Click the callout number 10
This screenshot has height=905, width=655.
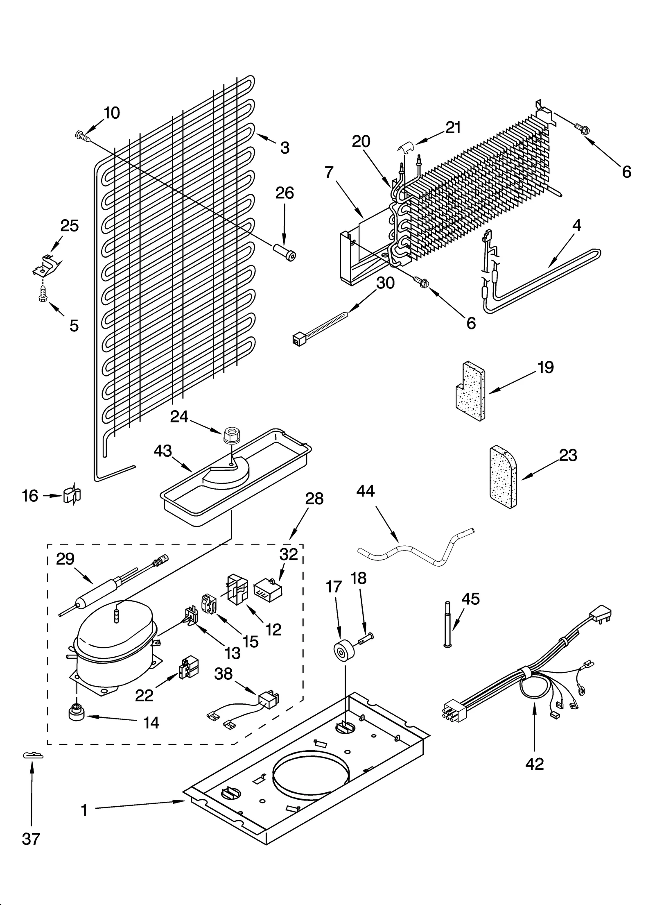[x=111, y=113]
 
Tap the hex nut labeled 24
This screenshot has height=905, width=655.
[x=232, y=435]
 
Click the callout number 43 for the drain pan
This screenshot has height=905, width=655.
[x=163, y=451]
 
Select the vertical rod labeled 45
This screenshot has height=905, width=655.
[x=447, y=624]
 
